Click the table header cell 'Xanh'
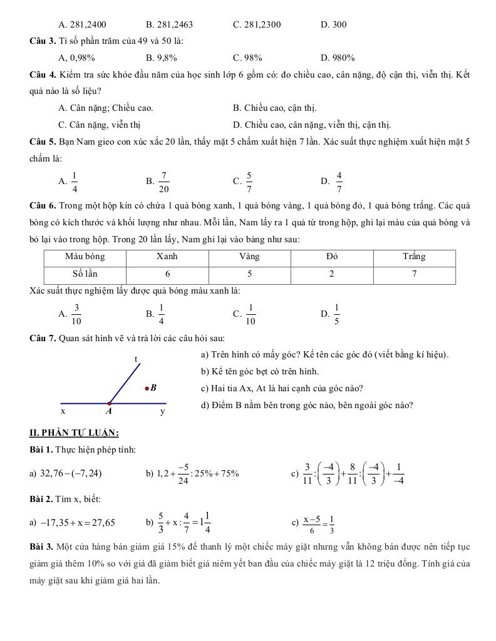[x=167, y=257]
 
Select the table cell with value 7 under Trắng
[x=414, y=274]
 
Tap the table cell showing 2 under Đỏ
[x=331, y=274]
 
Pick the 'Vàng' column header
[x=249, y=257]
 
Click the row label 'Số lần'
[x=85, y=274]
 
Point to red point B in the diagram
[x=147, y=389]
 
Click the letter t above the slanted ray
[x=136, y=359]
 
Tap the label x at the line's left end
[x=63, y=412]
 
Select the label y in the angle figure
[x=162, y=412]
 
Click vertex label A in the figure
[x=108, y=412]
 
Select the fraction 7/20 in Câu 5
[x=163, y=182]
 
